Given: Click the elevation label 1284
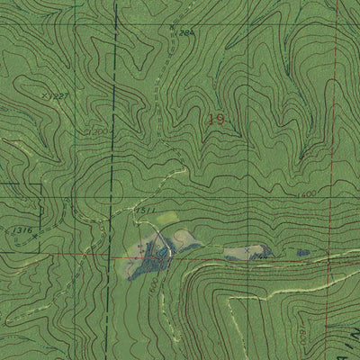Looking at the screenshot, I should click(184, 32).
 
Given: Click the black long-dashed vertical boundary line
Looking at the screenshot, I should click(114, 135).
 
